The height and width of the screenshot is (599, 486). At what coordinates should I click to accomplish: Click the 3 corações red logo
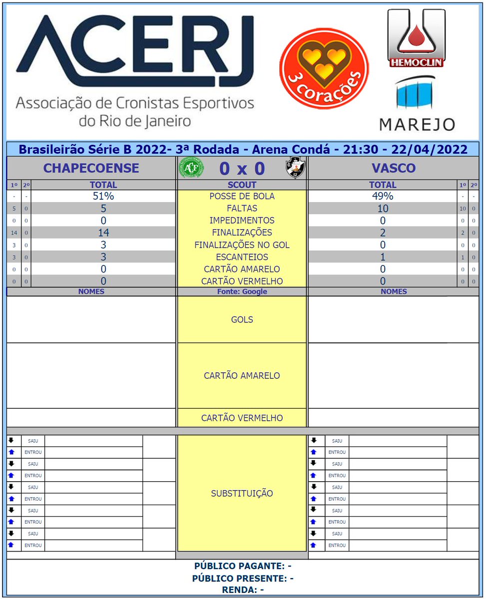[324, 68]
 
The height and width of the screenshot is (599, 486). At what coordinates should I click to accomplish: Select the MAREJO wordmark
[417, 124]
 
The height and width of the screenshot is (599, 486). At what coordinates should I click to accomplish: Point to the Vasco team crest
[295, 168]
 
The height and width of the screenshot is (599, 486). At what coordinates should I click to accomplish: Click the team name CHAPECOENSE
[91, 168]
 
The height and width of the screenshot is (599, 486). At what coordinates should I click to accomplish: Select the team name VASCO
[394, 168]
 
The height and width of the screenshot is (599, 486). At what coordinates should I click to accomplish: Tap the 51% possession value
[103, 196]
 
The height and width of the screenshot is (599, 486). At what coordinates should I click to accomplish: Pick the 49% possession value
[383, 196]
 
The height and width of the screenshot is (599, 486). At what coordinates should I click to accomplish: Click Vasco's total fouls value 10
[383, 209]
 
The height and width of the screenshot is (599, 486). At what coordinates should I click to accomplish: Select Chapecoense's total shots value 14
[103, 233]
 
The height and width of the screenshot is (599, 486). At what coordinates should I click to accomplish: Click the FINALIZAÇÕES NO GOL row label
[242, 245]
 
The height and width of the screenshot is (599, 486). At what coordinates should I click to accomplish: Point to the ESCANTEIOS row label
[242, 257]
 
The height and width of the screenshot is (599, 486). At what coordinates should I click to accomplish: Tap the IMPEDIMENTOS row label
[242, 220]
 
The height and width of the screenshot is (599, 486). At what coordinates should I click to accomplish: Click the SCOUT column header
[242, 185]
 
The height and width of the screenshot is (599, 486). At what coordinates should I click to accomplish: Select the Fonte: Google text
[242, 292]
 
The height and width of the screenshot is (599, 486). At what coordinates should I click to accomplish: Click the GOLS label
[242, 319]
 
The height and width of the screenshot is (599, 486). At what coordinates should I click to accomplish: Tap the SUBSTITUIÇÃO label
[242, 494]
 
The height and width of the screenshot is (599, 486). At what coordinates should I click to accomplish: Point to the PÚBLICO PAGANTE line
[243, 566]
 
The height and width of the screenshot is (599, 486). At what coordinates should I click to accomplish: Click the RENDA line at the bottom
[243, 590]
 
